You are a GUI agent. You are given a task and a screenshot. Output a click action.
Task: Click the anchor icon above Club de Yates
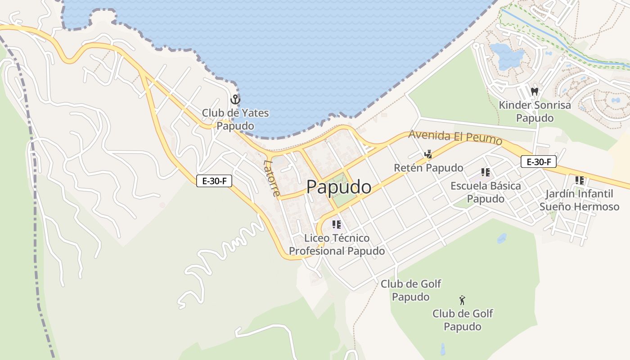pos(235,99)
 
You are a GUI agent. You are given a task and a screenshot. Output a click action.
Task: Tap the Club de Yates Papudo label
pos(235,119)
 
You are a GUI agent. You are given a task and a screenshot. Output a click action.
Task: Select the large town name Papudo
pos(339,187)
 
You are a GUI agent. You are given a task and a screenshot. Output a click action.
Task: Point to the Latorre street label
pos(272,178)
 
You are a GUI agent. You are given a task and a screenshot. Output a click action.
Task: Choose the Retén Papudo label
pos(428,168)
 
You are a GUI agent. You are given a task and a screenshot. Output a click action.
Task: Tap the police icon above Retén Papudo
pos(428,154)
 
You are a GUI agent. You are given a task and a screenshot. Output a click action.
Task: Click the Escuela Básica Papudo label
pos(486,192)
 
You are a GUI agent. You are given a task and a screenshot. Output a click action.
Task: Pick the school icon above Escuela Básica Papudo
pos(485,172)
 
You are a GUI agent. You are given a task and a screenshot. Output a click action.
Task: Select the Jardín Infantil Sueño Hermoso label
pos(579,200)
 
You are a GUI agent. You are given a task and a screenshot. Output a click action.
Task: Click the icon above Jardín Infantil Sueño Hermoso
pos(580,180)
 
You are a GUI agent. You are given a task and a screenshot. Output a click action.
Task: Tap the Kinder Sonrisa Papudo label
pos(535,111)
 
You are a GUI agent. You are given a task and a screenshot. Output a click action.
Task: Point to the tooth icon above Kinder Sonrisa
pos(535,91)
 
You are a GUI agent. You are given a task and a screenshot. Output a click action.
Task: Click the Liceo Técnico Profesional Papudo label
pos(337,244)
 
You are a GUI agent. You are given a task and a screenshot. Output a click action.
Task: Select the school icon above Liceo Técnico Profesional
pos(336,224)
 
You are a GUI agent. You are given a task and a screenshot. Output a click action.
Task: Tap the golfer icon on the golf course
pos(462,300)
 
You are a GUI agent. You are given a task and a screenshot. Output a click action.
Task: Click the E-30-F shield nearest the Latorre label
pos(214,181)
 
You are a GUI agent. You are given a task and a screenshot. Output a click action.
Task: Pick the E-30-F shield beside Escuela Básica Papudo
pos(538,162)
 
